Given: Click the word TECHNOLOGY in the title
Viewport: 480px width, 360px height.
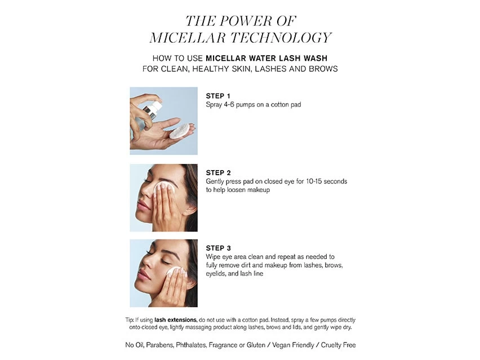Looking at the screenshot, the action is coord(281,38).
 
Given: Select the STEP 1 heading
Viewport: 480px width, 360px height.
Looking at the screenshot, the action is coord(218,96).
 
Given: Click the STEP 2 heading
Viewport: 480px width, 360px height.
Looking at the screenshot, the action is coord(218,172).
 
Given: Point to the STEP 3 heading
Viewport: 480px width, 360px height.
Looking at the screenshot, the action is coord(218,248).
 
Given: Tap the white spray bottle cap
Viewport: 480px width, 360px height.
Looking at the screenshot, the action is coord(157,106).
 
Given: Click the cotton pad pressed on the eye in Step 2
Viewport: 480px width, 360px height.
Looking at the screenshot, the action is coord(164,188).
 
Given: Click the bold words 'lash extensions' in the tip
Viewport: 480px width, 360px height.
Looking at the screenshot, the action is coord(175,320).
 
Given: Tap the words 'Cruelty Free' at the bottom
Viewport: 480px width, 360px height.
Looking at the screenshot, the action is coord(338,345).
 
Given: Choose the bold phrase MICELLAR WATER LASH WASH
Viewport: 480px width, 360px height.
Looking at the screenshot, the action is coord(266,58).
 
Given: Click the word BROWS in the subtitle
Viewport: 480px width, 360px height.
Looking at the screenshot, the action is coord(323,69).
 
